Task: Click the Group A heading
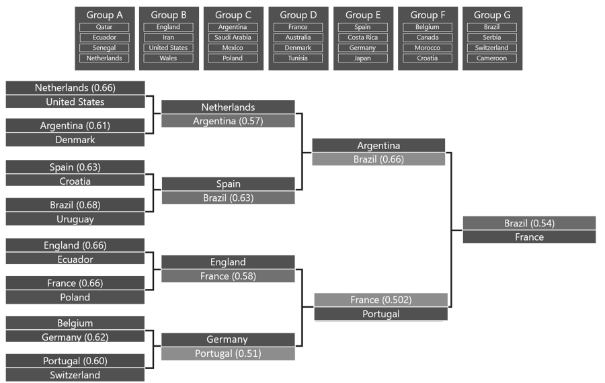(104, 15)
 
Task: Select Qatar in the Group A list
(104, 28)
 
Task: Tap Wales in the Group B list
(168, 58)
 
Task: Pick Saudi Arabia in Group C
(233, 38)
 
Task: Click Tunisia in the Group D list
(298, 58)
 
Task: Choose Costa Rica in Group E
(363, 38)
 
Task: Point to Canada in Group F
(428, 38)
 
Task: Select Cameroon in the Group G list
(492, 58)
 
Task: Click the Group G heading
(492, 15)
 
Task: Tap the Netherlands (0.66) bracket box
(75, 88)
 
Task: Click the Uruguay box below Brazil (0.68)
(75, 219)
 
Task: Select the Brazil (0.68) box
(75, 205)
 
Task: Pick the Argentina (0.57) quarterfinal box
(228, 121)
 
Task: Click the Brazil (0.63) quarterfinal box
(228, 198)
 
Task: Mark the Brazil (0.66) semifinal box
(378, 159)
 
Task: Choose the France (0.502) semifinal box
(380, 300)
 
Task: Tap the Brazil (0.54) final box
(529, 223)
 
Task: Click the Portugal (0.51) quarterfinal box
(228, 353)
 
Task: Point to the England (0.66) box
(75, 245)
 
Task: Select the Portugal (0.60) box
(75, 361)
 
